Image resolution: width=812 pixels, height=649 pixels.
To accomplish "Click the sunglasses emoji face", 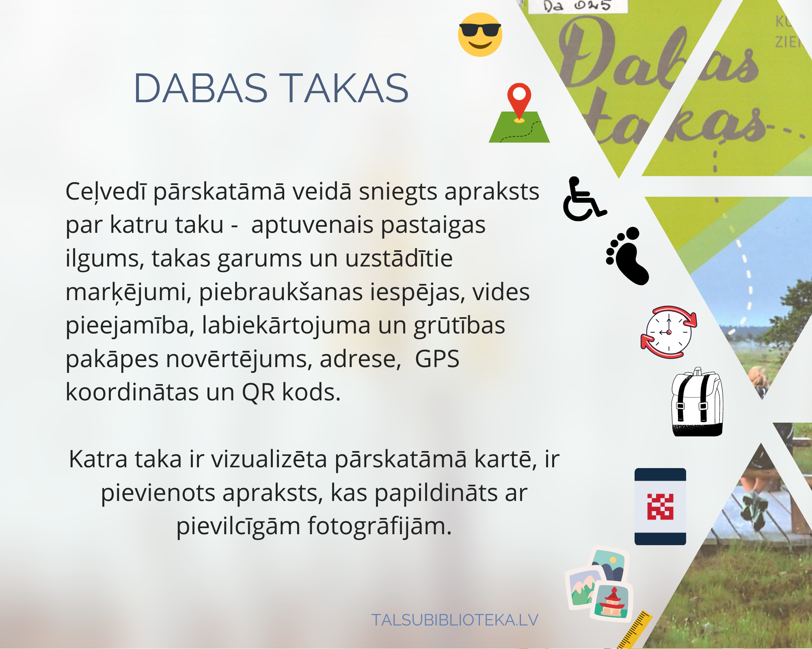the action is pos(480,34).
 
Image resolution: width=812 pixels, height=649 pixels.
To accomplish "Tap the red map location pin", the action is pos(519,101).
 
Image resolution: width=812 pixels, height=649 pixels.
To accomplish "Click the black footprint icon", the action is pos(628,256).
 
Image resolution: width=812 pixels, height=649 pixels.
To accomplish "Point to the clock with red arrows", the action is pos(669,332).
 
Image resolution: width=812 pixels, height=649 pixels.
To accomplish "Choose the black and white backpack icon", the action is pos(697,402).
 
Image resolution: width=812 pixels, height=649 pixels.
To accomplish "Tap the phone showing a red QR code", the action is pos(660,506).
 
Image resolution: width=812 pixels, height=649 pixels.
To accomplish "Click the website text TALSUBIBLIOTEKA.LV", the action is pos(455,620).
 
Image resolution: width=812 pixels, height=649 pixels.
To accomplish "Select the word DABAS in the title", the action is pos(201,88).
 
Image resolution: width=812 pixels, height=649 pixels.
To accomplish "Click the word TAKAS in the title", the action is pos(345,88).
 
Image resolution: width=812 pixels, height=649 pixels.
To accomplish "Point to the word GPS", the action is pos(437,359).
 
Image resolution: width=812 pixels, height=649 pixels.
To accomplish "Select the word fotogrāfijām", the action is pos(380,527).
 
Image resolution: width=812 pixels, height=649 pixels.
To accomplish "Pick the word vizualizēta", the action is pos(269,459).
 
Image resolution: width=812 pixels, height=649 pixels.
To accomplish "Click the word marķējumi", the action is pos(128,292).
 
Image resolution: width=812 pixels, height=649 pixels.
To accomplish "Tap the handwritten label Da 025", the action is pos(577,6).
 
